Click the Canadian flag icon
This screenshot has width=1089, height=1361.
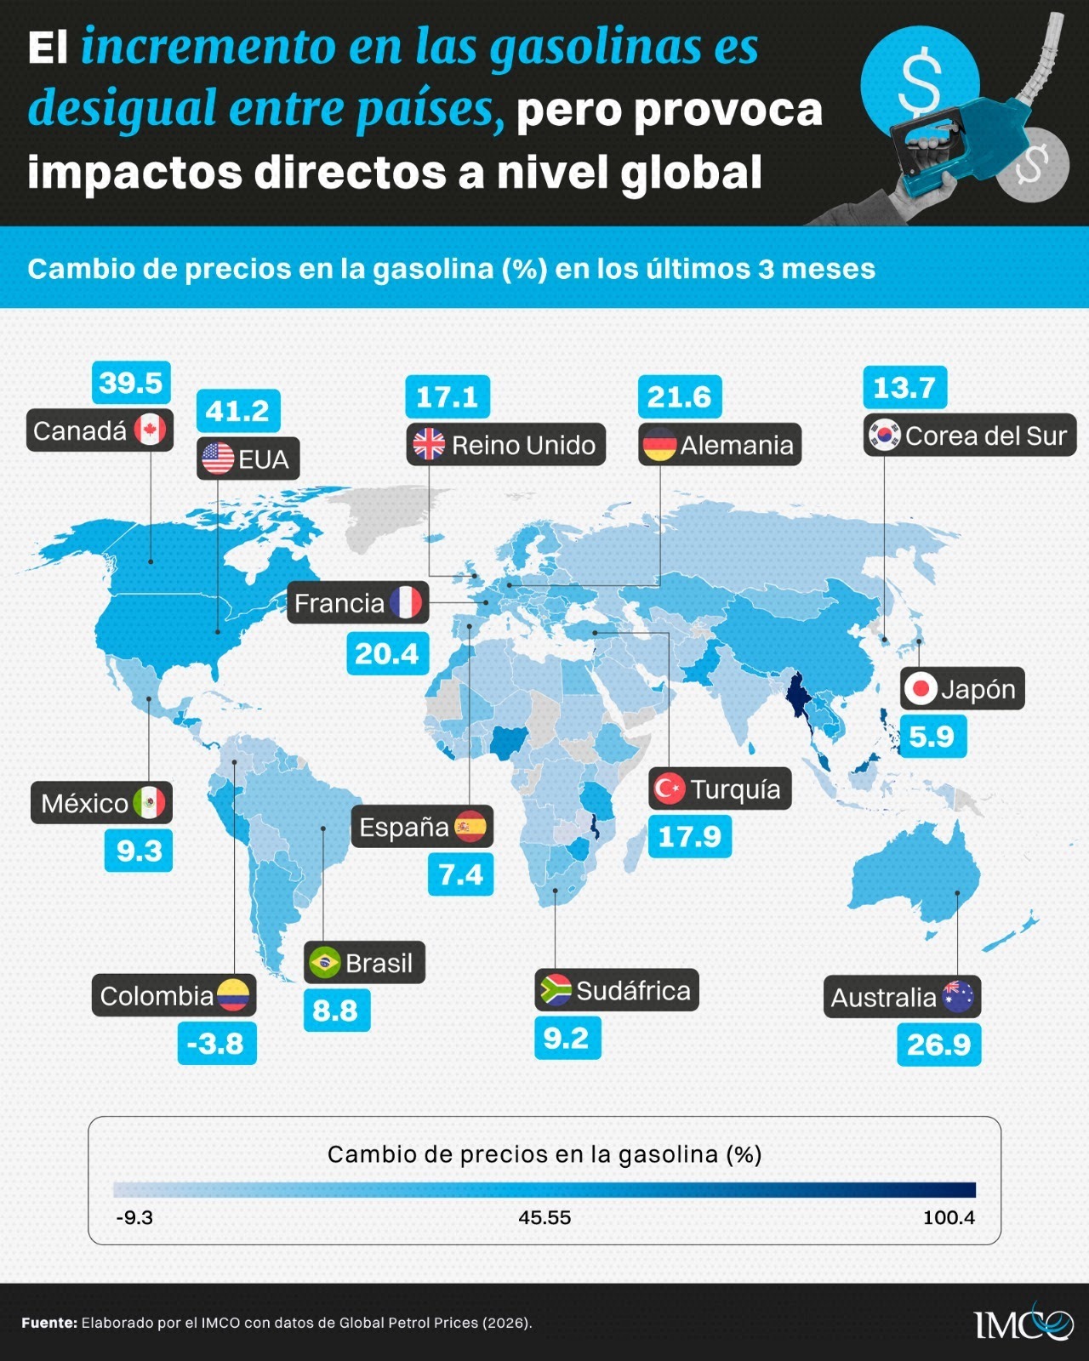pos(150,430)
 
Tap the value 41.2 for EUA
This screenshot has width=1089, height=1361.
pos(237,412)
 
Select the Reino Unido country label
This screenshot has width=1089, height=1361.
pos(506,444)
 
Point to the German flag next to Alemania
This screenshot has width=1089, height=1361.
pos(659,445)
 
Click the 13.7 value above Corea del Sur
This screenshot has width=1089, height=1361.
pos(904,388)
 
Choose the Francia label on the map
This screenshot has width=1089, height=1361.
pos(357,603)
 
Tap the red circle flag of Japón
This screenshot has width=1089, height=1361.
pos(920,688)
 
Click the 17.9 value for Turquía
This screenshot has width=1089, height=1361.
pos(690,837)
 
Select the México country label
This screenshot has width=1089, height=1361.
pos(101,803)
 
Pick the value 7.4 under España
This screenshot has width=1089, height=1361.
pos(460,874)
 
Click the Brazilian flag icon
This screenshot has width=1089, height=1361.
pos(325,963)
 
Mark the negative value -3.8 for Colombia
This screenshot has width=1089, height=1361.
pos(217,1043)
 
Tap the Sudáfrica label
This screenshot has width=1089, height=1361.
pos(617,990)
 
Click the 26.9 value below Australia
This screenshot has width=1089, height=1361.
pos(938,1045)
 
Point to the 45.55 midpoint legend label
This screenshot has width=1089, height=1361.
pos(544,1218)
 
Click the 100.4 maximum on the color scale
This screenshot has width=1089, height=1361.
pos(949,1218)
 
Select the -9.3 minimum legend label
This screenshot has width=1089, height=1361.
pos(134,1218)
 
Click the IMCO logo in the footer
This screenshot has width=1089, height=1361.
pos(1023,1324)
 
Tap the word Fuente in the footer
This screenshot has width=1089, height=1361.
pos(49,1323)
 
